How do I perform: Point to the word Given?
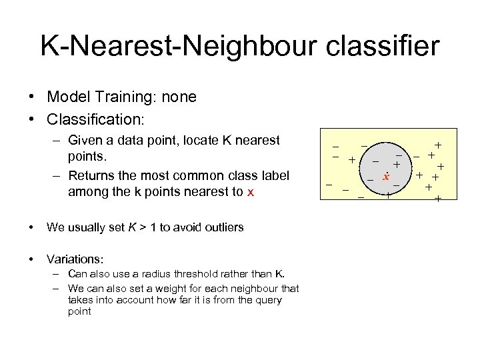point(87,141)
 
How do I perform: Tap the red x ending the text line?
point(250,193)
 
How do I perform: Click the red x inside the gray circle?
point(385,177)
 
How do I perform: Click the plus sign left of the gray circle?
point(351,160)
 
